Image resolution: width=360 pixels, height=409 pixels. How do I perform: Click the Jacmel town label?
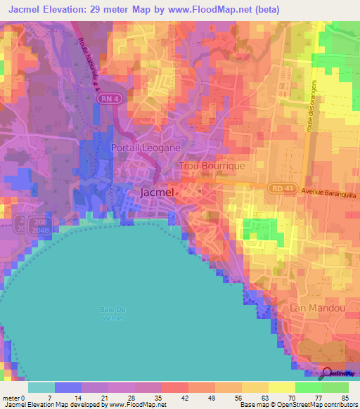point(157,192)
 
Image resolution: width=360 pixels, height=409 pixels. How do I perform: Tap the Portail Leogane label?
point(146,148)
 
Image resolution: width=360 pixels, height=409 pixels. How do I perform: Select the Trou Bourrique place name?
point(212,166)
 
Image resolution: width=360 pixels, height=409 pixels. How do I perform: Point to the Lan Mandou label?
point(317,308)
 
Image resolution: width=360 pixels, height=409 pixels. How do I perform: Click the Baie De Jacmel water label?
point(111,314)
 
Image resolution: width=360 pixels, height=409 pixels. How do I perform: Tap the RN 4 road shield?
point(125,100)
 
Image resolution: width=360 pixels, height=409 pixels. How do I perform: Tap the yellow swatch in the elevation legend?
point(281,387)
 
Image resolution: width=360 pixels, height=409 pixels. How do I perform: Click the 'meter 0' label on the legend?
point(13,397)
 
